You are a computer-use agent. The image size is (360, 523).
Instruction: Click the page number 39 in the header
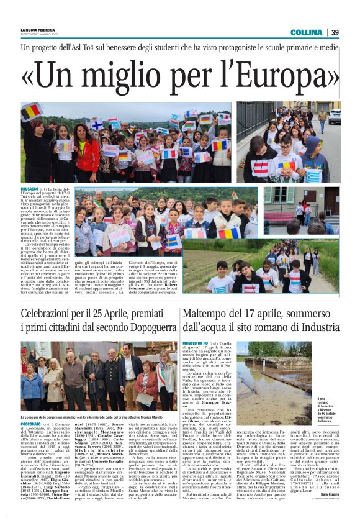[335, 32]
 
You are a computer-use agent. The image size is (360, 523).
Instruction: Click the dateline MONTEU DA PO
[197, 343]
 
